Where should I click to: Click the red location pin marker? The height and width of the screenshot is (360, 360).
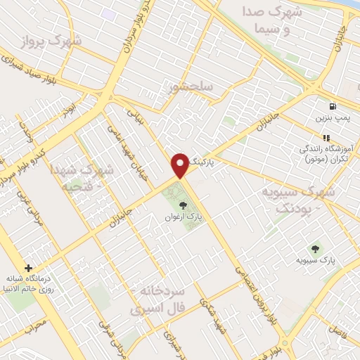(x=180, y=165)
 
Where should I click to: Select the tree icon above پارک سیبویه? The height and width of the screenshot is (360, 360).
(x=314, y=248)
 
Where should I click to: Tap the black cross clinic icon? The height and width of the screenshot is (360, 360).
(x=28, y=268)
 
